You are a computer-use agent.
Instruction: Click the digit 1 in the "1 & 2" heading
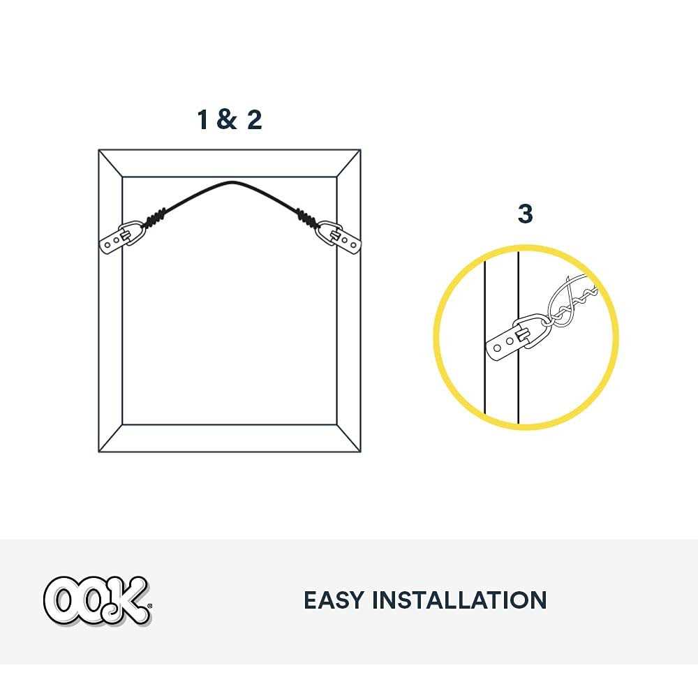tap(203, 119)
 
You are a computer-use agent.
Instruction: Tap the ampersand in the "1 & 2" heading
tap(227, 119)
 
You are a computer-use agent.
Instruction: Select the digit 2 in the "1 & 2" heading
tap(253, 119)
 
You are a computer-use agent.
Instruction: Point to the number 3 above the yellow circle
tap(525, 214)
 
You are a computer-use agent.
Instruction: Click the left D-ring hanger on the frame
tap(120, 237)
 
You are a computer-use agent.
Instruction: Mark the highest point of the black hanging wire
tap(231, 182)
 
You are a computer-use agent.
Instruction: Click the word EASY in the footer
tap(332, 600)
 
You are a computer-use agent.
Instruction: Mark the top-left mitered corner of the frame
tap(110, 163)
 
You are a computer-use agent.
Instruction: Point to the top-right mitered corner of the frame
tap(349, 163)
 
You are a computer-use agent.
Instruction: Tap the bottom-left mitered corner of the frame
tap(110, 438)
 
